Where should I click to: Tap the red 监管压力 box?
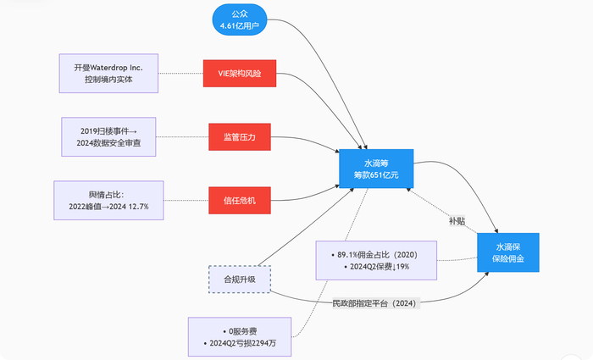[x=240, y=136]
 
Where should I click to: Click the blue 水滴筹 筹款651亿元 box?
[x=375, y=168]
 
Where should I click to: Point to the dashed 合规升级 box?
[x=240, y=280]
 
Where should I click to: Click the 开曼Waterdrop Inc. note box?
[x=108, y=74]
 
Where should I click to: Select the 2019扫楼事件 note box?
[x=111, y=136]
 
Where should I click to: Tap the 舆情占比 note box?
[x=108, y=201]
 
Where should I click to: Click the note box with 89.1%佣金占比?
[x=376, y=260]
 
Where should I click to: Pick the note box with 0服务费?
[x=240, y=337]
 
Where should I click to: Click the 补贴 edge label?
[x=457, y=221]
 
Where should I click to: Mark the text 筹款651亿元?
[x=375, y=174]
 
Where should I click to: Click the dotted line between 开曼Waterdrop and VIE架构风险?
[x=180, y=74]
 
